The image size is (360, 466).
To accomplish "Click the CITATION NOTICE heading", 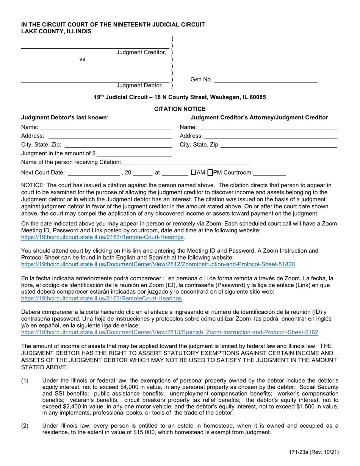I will click(x=180, y=109).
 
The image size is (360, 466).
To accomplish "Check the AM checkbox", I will click(x=193, y=172).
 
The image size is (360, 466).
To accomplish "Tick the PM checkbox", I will click(x=211, y=173).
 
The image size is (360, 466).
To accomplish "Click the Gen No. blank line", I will click(x=266, y=80).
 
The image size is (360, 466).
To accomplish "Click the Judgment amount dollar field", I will click(x=135, y=153).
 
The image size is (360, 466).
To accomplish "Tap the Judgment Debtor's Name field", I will click(x=105, y=127).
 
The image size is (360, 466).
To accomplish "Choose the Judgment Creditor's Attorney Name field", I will click(x=267, y=127).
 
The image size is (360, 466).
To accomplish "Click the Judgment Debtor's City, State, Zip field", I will click(x=118, y=145).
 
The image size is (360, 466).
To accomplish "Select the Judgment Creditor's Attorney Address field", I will click(x=271, y=136).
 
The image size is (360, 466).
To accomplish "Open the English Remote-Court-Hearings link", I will click(x=102, y=237).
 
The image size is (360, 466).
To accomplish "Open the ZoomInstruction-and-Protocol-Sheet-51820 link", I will click(x=158, y=264).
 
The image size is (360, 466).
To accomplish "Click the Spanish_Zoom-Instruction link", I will click(x=169, y=332).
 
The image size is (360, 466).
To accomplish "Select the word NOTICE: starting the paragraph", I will click(x=33, y=185).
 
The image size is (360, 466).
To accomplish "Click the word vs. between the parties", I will click(x=83, y=59).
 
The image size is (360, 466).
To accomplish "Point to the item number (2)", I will click(x=25, y=425).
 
